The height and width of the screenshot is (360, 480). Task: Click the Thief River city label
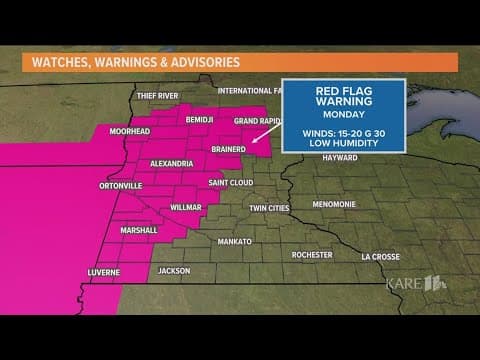[x=157, y=96]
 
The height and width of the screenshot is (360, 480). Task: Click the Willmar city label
[x=185, y=208]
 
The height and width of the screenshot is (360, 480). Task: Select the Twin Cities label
[x=269, y=209]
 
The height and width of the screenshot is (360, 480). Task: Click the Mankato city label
[x=233, y=242]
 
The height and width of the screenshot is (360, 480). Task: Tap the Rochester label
[x=311, y=255]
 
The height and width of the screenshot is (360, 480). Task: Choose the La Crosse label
[x=380, y=256]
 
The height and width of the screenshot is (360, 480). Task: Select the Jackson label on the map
[x=173, y=271]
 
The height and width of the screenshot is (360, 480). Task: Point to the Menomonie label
[x=333, y=204]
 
